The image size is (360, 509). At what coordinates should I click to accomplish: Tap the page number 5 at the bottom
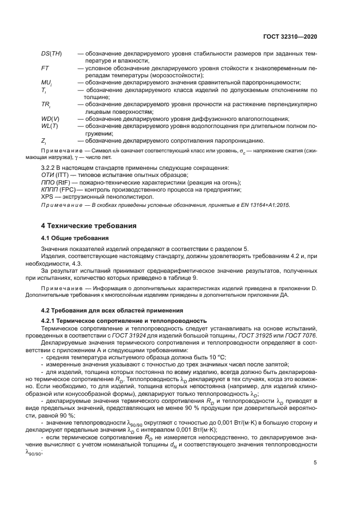coord(315,463)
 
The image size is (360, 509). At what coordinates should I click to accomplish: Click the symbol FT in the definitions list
coord(45,68)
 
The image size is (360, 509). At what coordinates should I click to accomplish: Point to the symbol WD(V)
coord(50,119)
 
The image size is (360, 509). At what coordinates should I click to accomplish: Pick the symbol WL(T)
coord(50,126)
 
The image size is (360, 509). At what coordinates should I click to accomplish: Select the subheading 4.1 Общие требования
coord(75,238)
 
